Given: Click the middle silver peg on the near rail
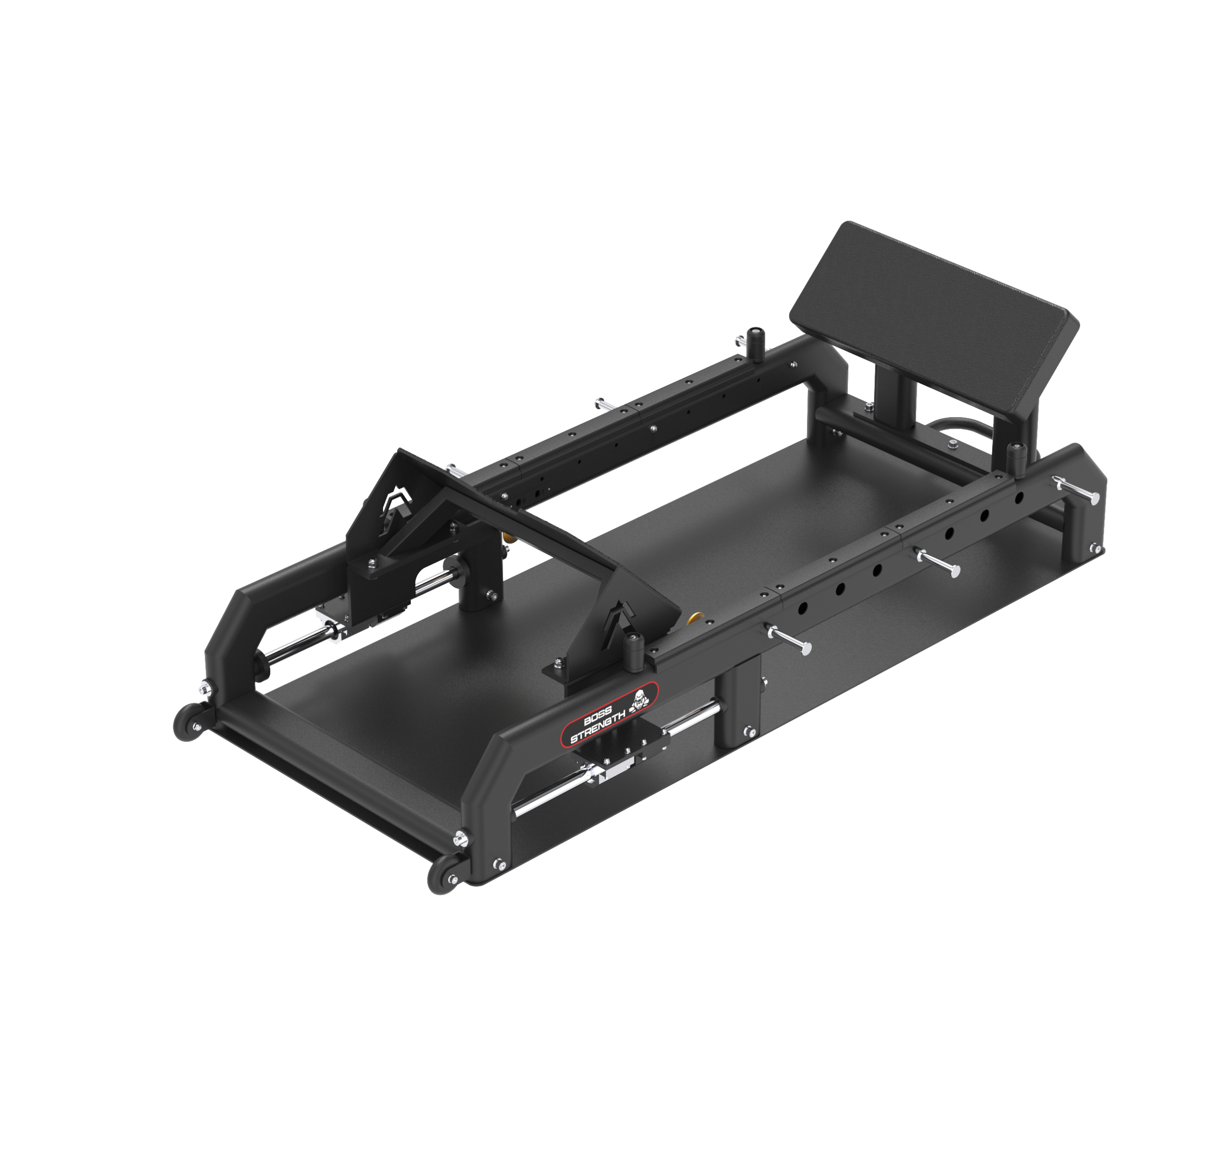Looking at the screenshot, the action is (938, 562).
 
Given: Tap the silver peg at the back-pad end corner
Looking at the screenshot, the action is (1076, 490).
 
